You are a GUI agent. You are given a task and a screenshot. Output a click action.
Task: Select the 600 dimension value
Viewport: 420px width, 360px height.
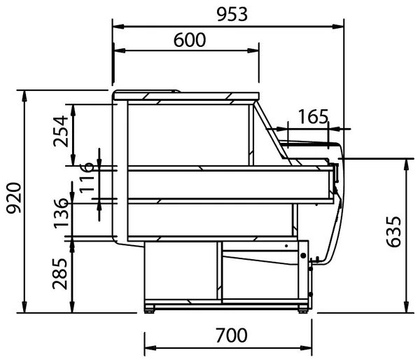pyautogui.click(x=189, y=40)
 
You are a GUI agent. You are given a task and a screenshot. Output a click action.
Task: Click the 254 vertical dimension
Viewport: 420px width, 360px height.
pyautogui.click(x=62, y=131)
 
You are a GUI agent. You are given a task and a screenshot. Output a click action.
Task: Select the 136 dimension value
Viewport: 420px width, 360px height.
pyautogui.click(x=62, y=213)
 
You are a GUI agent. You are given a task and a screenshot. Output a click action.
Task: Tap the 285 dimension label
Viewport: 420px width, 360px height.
pyautogui.click(x=62, y=273)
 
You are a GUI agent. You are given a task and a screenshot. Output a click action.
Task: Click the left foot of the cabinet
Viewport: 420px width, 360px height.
pyautogui.click(x=151, y=308)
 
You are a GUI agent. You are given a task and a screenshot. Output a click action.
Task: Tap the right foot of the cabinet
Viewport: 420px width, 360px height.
pyautogui.click(x=302, y=308)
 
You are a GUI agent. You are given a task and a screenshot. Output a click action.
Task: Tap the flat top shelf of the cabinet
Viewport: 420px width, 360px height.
pyautogui.click(x=185, y=95)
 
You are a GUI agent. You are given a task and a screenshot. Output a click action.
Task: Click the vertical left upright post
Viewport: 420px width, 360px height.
pyautogui.click(x=120, y=168)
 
